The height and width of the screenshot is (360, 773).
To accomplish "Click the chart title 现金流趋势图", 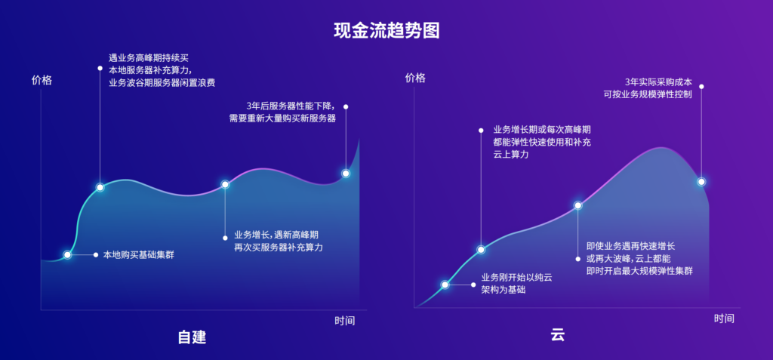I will click(x=386, y=31).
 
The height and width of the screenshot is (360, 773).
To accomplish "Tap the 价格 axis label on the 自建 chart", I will click(x=42, y=80).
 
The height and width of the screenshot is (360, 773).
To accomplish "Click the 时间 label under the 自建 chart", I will click(x=345, y=321).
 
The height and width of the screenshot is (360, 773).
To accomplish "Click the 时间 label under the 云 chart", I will click(x=724, y=318).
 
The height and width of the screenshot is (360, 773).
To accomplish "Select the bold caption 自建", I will click(x=192, y=337).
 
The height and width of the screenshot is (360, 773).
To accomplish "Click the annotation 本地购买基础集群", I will click(x=138, y=255).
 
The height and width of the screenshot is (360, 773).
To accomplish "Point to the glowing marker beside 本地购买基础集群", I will click(x=67, y=255).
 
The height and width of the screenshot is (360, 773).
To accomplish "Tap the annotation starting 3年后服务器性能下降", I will click(x=282, y=112).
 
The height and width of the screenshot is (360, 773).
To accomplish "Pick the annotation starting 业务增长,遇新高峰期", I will click(x=279, y=241).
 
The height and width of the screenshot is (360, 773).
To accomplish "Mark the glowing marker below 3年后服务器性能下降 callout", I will click(x=346, y=173).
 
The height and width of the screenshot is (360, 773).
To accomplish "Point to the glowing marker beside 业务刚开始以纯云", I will click(x=445, y=285).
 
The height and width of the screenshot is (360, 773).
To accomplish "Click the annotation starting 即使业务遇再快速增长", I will click(x=639, y=258).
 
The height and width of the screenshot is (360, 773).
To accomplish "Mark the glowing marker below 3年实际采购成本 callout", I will click(x=701, y=181).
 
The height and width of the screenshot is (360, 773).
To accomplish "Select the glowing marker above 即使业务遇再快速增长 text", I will click(x=578, y=205).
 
